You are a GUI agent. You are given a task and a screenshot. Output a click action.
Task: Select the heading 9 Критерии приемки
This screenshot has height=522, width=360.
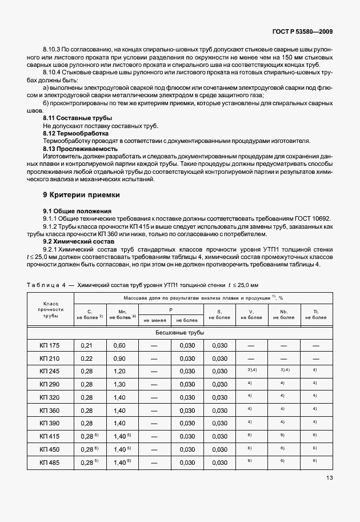pyautogui.click(x=82, y=194)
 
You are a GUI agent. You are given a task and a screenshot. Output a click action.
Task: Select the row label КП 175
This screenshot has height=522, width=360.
pyautogui.click(x=50, y=345)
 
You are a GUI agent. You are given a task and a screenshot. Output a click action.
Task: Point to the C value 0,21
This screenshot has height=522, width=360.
pyautogui.click(x=87, y=345)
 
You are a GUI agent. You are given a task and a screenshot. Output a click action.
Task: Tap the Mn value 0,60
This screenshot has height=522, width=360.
pyautogui.click(x=119, y=345)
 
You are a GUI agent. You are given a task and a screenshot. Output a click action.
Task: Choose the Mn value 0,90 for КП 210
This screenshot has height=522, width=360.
pyautogui.click(x=119, y=358)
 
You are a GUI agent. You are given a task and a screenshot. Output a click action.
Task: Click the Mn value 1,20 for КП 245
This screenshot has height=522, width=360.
pyautogui.click(x=119, y=370)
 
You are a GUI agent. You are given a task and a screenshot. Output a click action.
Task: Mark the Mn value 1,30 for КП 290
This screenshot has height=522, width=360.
pyautogui.click(x=119, y=384)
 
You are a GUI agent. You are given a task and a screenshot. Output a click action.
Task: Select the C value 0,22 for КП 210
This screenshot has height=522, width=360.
pyautogui.click(x=87, y=358)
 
